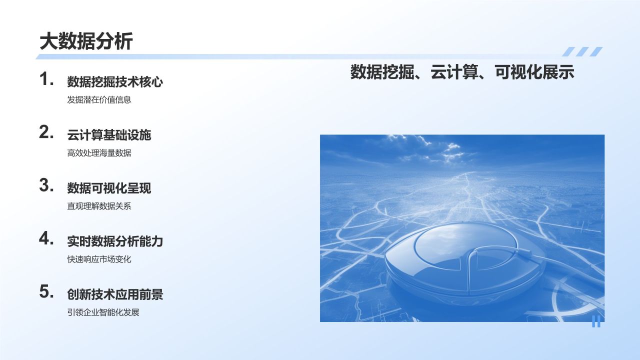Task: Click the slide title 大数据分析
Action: click(x=86, y=41)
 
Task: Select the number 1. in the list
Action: click(x=46, y=79)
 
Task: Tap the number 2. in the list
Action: click(x=46, y=132)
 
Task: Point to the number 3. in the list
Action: click(x=46, y=185)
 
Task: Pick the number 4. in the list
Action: click(x=46, y=238)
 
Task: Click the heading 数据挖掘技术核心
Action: click(x=115, y=82)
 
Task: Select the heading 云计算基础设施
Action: click(x=109, y=135)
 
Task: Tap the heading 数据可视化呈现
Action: click(x=109, y=188)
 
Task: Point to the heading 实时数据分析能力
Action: click(x=115, y=241)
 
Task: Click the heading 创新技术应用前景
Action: click(x=115, y=294)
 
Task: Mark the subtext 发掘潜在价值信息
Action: click(x=99, y=99)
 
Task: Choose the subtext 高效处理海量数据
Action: click(x=99, y=153)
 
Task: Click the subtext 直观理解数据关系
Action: click(x=99, y=206)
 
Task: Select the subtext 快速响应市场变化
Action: click(x=99, y=259)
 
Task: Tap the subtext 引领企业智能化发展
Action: click(x=103, y=312)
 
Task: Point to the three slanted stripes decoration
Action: click(x=582, y=51)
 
